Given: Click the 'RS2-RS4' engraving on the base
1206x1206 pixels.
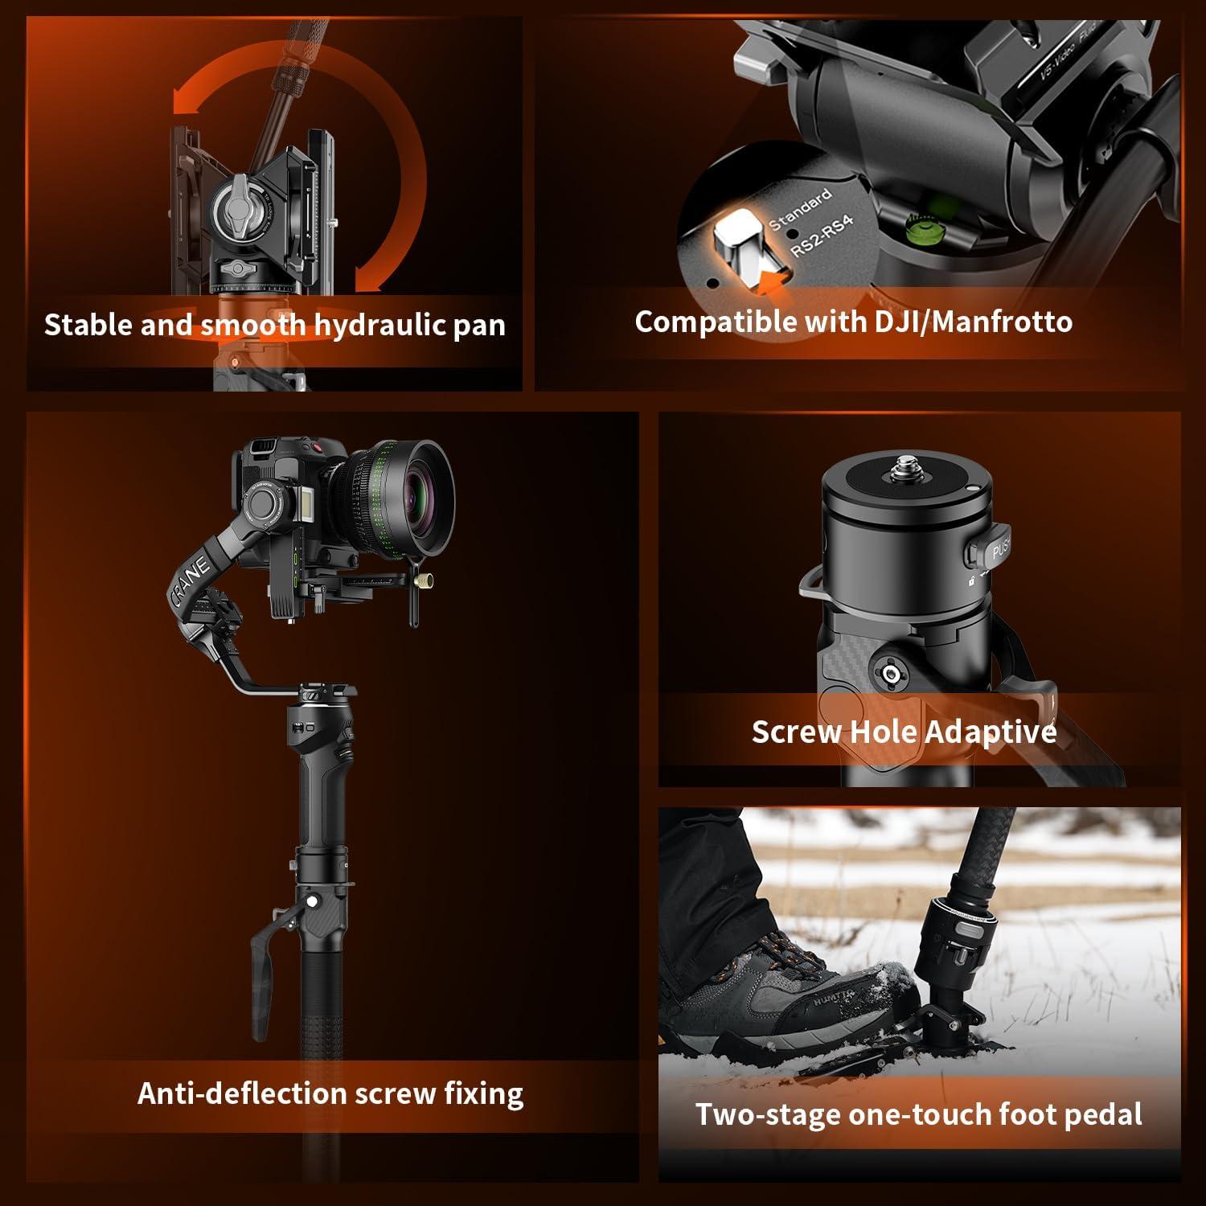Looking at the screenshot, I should coord(821,236).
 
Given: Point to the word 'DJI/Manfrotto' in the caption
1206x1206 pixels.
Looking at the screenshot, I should coord(973,322).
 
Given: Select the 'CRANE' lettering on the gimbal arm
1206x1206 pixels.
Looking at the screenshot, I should coord(191,579).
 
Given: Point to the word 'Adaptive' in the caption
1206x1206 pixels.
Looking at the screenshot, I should coord(991,732).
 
